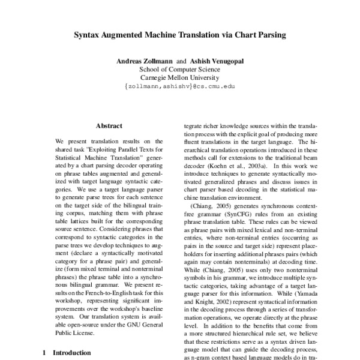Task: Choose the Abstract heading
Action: coord(109,127)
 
